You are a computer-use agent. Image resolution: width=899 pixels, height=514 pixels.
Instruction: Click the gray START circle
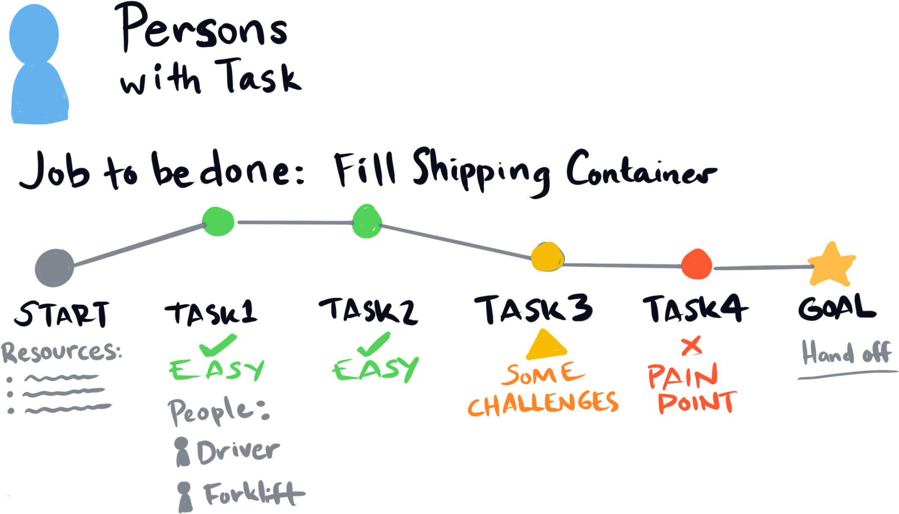tap(54, 268)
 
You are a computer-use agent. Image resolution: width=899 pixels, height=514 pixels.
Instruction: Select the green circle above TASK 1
tap(219, 222)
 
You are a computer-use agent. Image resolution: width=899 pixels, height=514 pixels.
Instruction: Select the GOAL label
tap(836, 308)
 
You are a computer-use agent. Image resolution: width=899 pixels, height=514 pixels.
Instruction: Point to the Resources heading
tap(61, 354)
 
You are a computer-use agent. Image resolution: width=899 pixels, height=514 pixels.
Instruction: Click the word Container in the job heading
tap(639, 171)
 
